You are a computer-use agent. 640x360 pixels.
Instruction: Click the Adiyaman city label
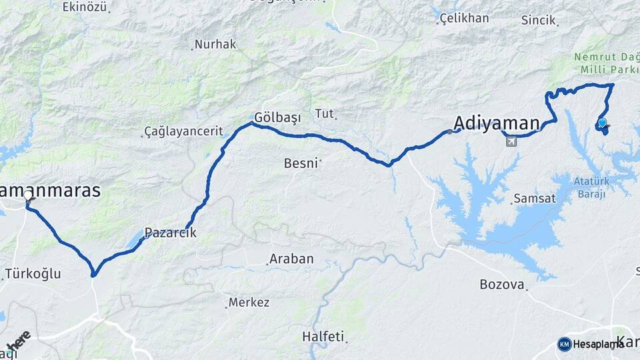point(496,123)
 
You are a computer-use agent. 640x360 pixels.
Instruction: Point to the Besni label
point(301,163)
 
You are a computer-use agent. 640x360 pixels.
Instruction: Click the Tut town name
point(324,113)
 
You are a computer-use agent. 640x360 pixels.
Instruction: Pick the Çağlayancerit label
point(183,132)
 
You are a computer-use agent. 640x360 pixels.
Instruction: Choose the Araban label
point(291,259)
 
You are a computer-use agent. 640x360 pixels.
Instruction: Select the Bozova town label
point(502,285)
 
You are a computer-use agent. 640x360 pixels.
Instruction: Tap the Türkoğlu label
point(33,273)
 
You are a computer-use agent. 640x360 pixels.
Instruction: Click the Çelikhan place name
point(465,18)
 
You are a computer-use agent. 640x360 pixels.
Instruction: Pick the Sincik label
point(539,21)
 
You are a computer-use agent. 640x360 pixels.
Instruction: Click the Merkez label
point(249,303)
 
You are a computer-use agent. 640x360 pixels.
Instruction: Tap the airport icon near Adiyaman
point(511,141)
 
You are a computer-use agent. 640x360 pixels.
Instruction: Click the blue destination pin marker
point(602,123)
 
